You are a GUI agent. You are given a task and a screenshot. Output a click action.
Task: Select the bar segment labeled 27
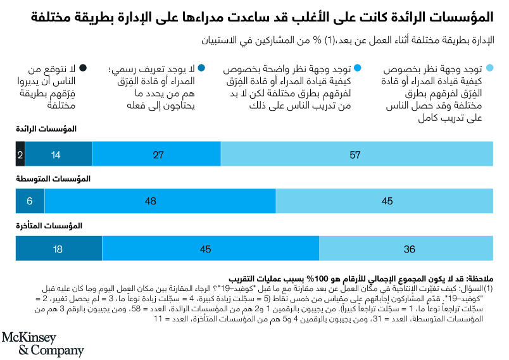(x=156, y=154)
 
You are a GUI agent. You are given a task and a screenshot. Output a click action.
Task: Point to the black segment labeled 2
(x=20, y=154)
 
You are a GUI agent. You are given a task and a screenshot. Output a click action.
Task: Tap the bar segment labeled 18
(x=58, y=249)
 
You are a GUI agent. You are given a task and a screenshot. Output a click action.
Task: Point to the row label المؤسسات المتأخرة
(x=47, y=225)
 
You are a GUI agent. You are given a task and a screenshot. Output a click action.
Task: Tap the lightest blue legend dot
(x=489, y=68)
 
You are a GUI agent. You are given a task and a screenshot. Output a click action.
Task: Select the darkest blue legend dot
(x=201, y=68)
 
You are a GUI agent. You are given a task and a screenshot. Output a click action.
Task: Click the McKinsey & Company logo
(x=42, y=343)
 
